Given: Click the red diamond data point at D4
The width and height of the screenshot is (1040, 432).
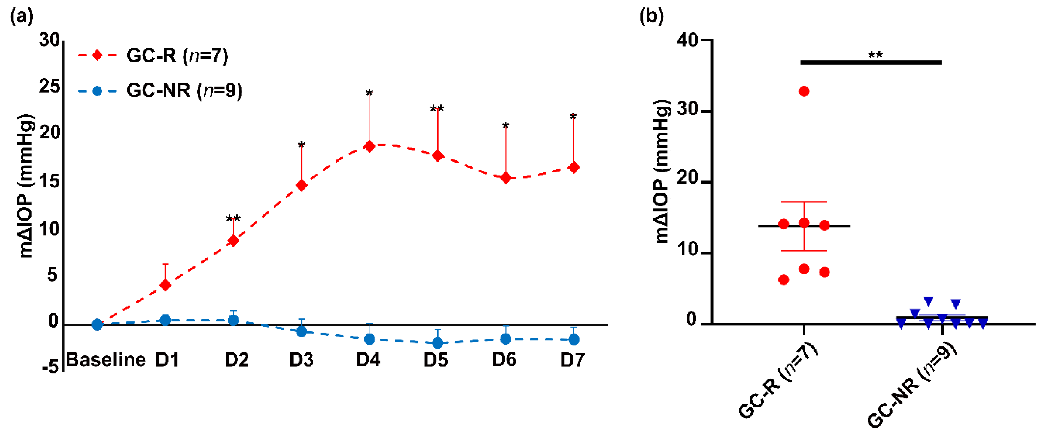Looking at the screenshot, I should (x=369, y=146).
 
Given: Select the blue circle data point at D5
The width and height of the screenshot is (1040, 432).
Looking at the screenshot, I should (x=437, y=343).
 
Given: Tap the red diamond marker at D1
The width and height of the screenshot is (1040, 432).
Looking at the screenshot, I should (x=165, y=285).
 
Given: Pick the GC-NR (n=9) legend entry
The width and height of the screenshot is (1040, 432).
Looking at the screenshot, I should (x=160, y=90).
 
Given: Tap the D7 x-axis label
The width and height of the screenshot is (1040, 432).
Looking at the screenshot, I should (x=572, y=359).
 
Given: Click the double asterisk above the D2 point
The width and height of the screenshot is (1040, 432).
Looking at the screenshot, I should (x=233, y=219).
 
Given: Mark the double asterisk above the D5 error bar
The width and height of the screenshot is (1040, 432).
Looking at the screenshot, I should (x=437, y=109).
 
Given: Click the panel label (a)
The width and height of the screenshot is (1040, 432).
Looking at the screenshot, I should (x=21, y=17).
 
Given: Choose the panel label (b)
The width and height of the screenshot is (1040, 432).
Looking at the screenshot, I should (x=651, y=17).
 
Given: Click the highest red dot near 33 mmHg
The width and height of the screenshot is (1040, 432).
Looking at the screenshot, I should (x=804, y=91).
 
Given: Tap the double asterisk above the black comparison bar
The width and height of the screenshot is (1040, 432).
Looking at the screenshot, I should (x=875, y=54).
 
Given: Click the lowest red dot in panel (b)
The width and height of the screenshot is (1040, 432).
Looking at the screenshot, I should (x=783, y=280).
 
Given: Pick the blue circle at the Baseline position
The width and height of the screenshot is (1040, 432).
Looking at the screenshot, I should (x=97, y=324).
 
